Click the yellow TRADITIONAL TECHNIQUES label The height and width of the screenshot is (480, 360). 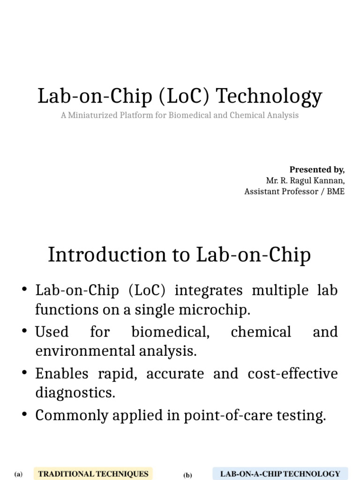[x=93, y=473]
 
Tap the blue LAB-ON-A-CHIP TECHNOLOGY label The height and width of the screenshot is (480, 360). [x=280, y=473]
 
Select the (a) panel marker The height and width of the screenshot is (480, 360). [x=19, y=474]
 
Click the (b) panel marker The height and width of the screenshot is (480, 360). [x=187, y=475]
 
